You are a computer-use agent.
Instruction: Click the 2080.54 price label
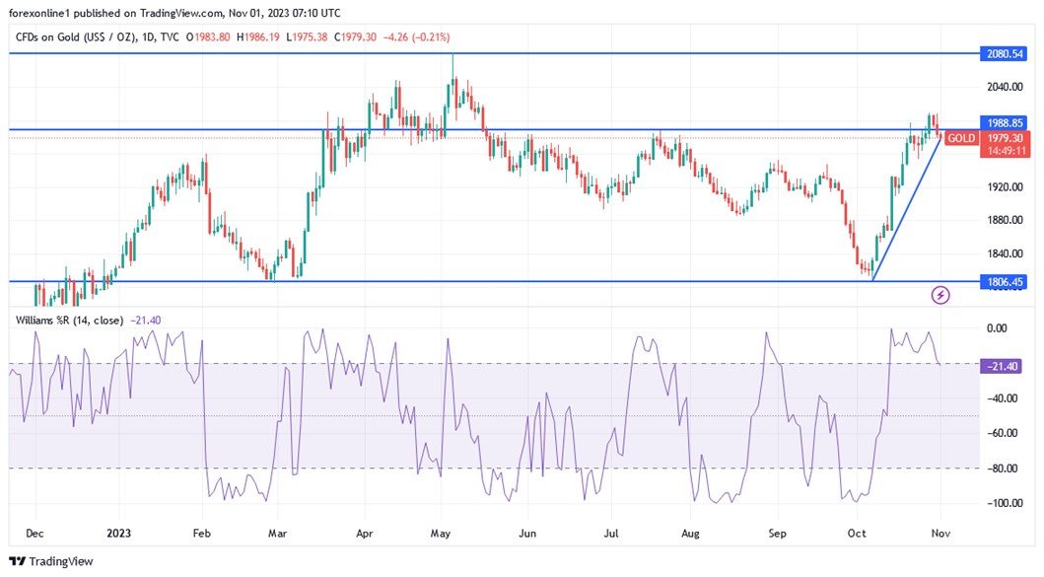tap(1004, 53)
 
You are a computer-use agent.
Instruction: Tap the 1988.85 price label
tap(1004, 123)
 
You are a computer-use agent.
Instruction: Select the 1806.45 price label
tap(1004, 281)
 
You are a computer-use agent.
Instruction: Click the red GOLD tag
tap(961, 138)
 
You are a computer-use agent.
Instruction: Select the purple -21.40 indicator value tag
tap(1004, 366)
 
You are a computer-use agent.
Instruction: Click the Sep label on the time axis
tap(779, 534)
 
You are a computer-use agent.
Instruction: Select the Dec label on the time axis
tap(35, 534)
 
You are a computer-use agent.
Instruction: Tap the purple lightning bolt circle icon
tap(940, 294)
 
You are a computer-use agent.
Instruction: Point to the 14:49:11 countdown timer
tap(1004, 151)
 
